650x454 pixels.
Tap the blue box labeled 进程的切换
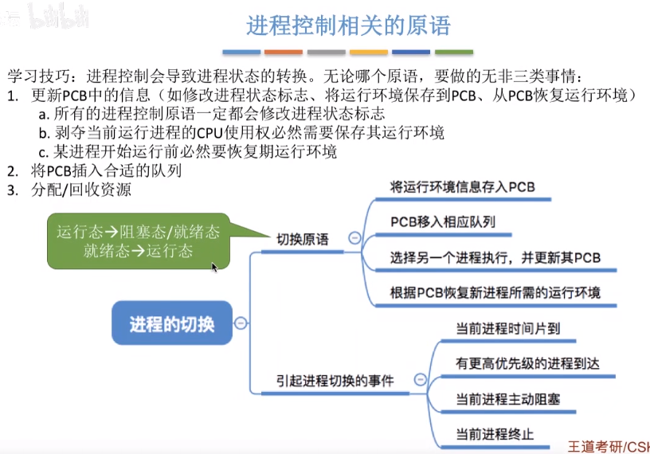coord(171,323)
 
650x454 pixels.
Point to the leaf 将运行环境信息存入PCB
coord(462,187)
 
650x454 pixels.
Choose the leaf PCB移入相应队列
coord(443,221)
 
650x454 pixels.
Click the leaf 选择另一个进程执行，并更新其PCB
coord(495,257)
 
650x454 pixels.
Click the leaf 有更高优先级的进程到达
coord(527,363)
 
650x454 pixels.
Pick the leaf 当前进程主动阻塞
coord(507,398)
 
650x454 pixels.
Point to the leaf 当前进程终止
coord(495,434)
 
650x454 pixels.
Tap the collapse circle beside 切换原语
coord(354,237)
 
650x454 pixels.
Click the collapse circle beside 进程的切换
coord(240,323)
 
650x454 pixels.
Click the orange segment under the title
coord(284,53)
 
